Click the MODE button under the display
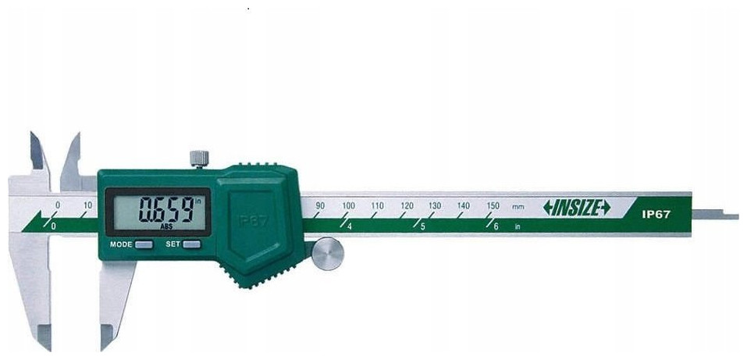tap(144, 244)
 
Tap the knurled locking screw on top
tap(199, 159)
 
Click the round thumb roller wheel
tap(328, 254)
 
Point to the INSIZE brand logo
tap(577, 208)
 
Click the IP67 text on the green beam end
tap(656, 215)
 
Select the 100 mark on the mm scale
tap(348, 205)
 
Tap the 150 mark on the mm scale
tap(493, 205)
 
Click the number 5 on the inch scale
tap(422, 227)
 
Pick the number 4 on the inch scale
tap(349, 227)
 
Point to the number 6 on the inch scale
tap(496, 227)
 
